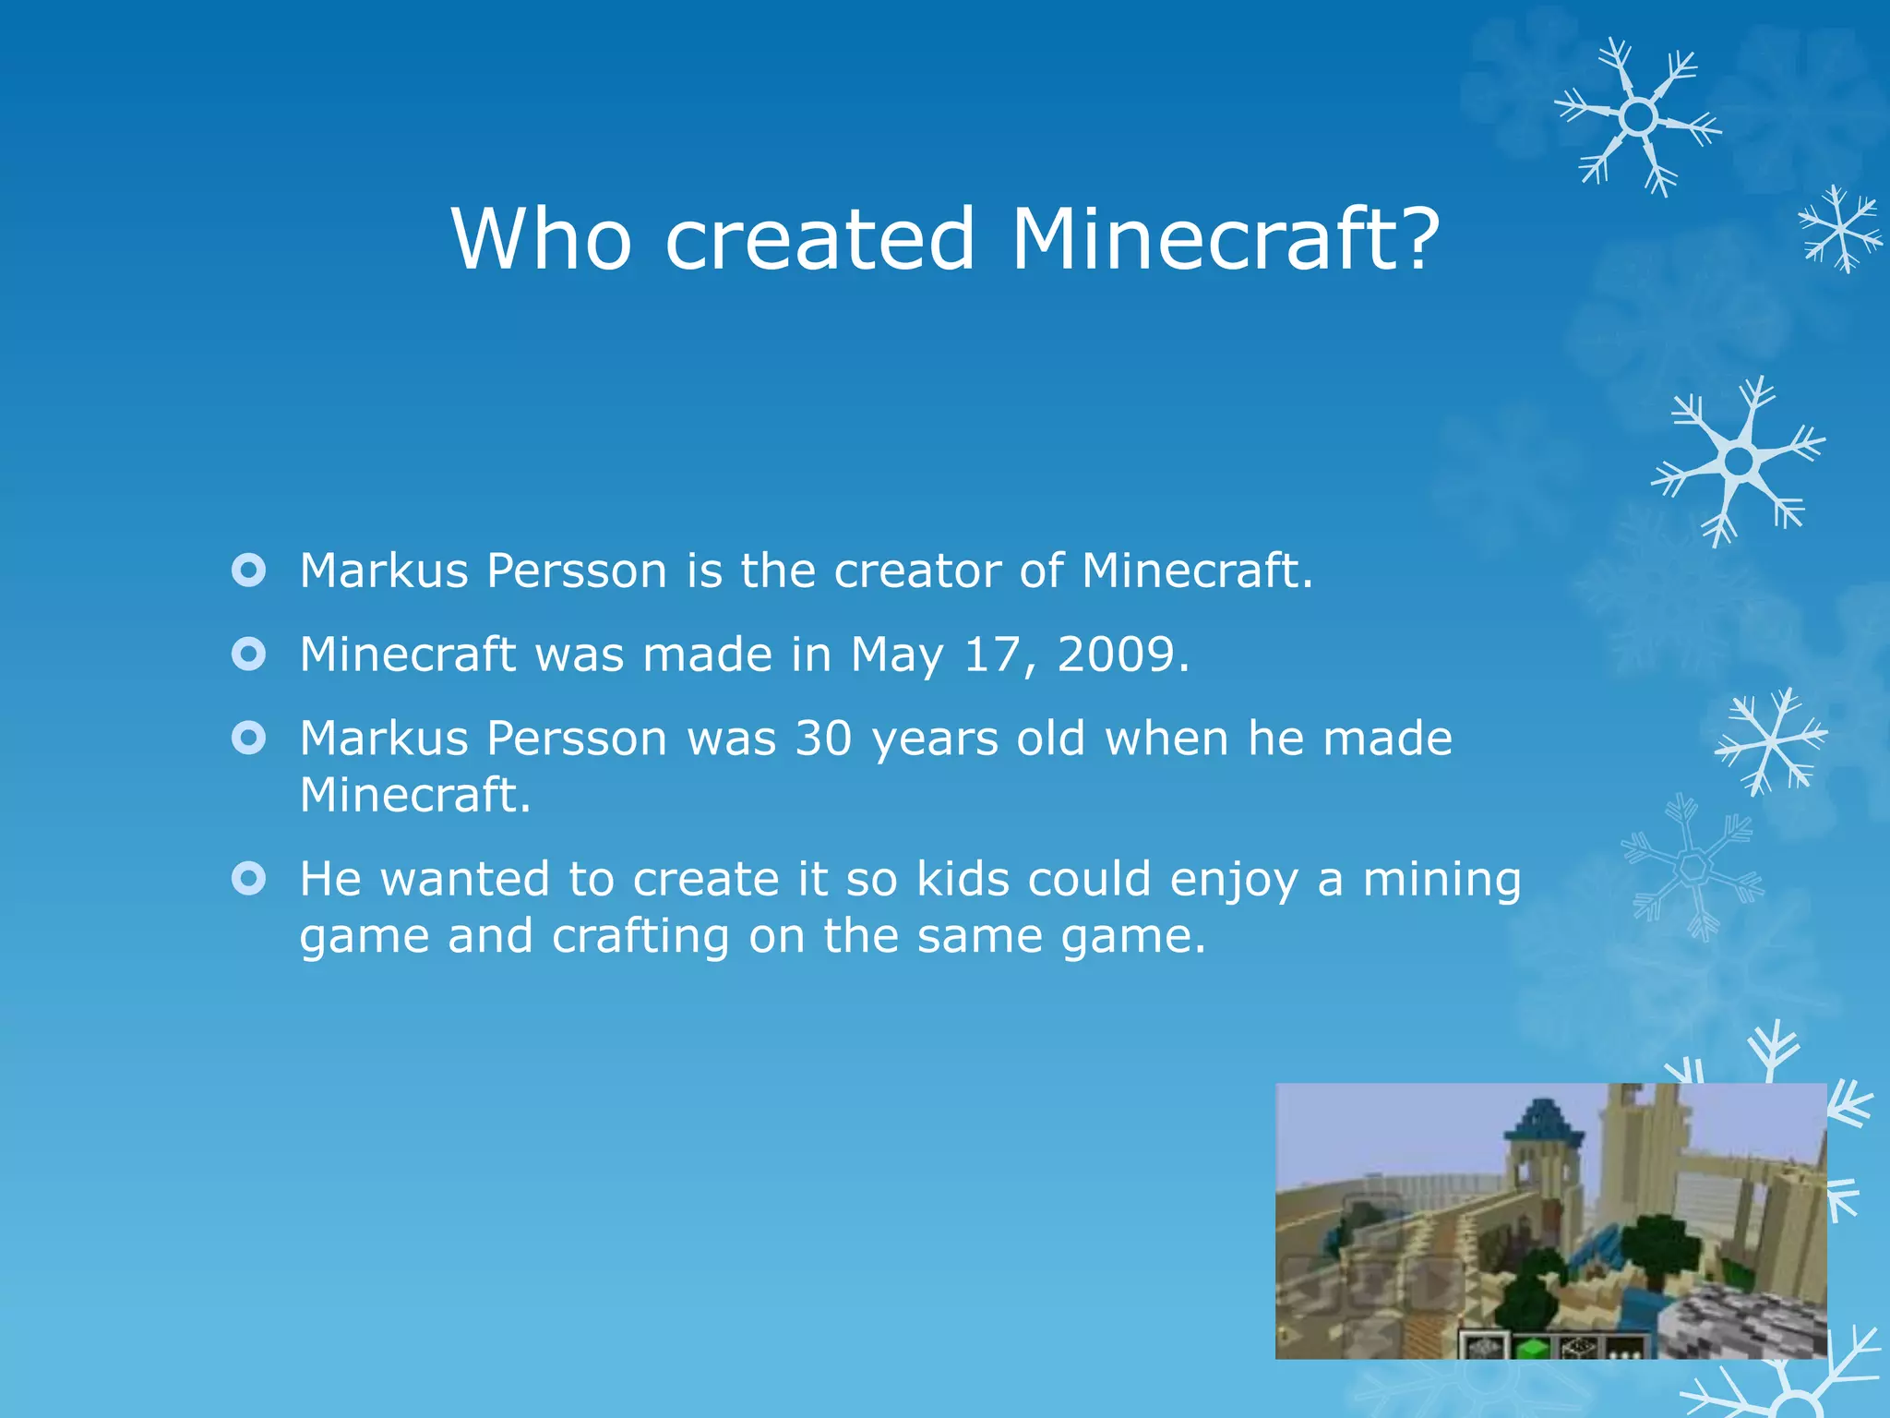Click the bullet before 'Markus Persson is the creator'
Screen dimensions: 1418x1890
249,570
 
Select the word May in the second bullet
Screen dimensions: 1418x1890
896,656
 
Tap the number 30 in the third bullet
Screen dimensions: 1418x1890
823,739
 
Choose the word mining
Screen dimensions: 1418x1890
1441,880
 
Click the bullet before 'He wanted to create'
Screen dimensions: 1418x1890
249,878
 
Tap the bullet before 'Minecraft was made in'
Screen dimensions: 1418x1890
249,655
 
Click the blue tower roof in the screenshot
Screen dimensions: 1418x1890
1544,1121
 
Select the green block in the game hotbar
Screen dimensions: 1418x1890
1532,1347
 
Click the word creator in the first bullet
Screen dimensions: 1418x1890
917,571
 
